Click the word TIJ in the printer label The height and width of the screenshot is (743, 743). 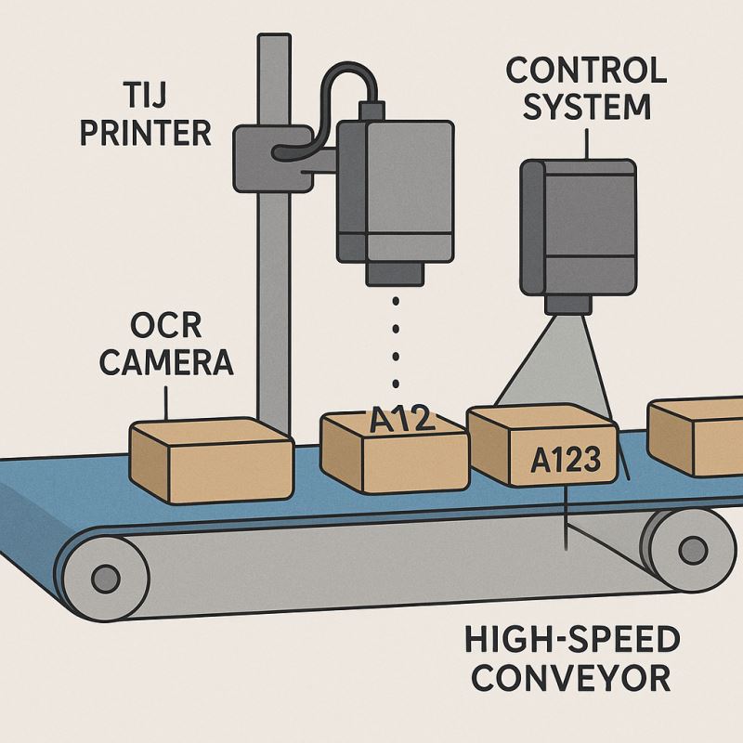147,95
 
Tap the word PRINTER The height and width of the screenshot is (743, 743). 146,132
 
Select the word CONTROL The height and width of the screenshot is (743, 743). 586,71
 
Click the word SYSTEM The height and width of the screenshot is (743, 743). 586,106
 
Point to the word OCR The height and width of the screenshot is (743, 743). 166,326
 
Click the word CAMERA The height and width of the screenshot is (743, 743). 166,362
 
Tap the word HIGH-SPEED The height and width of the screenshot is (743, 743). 572,640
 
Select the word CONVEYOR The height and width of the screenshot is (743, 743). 570,677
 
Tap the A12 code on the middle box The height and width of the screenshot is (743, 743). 402,420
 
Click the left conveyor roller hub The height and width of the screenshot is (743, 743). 105,580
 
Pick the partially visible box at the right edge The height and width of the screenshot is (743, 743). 697,437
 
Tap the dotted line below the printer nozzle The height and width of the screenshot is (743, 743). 398,344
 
